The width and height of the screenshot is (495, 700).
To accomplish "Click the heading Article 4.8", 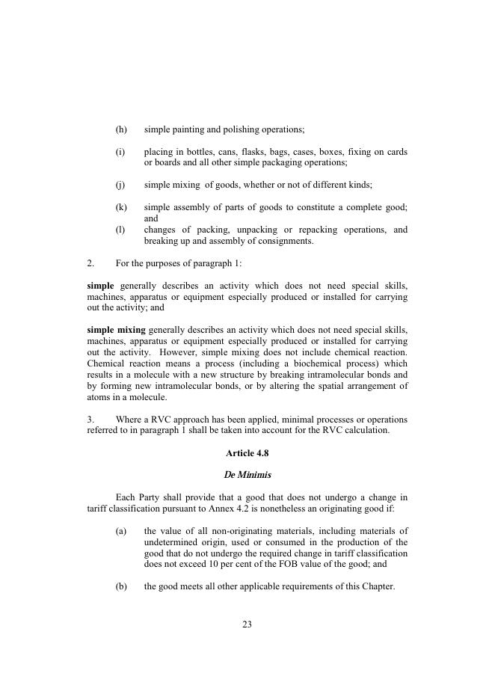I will click(x=247, y=453).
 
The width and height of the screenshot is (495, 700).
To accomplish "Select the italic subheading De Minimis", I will click(x=247, y=475).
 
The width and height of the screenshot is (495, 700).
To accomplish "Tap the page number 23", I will click(x=247, y=624).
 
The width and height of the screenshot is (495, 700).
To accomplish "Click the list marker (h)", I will click(x=121, y=129).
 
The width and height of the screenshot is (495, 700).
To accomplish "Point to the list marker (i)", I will click(x=120, y=152).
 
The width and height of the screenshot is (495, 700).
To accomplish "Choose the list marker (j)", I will click(x=120, y=185).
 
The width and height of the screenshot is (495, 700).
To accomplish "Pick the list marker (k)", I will click(x=121, y=207).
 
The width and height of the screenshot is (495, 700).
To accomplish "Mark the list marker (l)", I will click(x=120, y=230).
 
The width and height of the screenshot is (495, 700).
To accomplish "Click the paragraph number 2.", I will click(x=90, y=263).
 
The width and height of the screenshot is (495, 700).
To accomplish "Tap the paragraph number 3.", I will click(x=90, y=420).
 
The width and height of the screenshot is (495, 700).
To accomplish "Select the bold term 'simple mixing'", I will click(x=117, y=330).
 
